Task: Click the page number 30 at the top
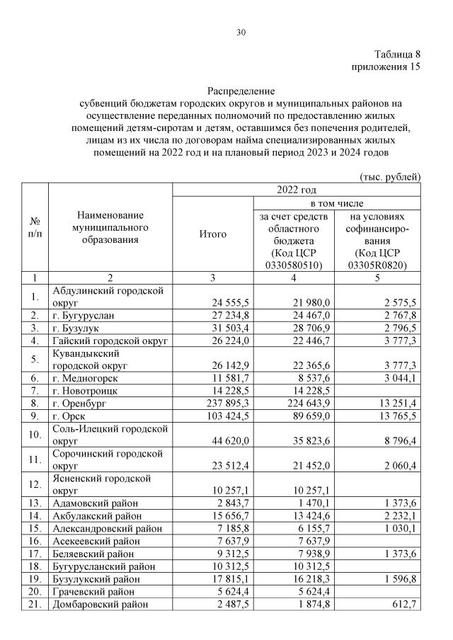tap(241, 32)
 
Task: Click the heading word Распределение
tap(241, 91)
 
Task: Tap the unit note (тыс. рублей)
tap(391, 176)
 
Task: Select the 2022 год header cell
tap(297, 189)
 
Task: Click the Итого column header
tap(213, 234)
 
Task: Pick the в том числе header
tap(338, 202)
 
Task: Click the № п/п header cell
tap(34, 228)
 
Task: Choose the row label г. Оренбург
tap(82, 404)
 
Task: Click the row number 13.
tap(34, 503)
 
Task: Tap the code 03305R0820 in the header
tap(380, 265)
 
